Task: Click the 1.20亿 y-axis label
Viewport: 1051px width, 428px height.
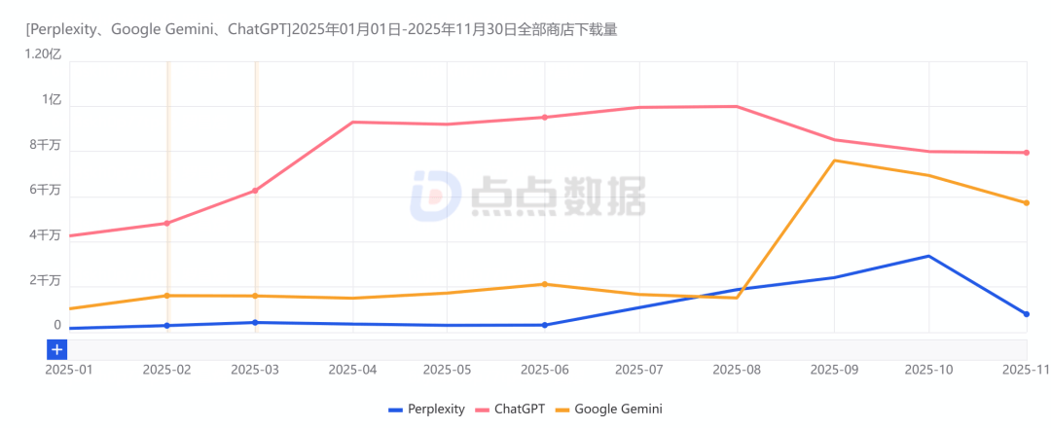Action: coord(43,54)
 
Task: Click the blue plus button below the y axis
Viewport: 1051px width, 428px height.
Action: coord(57,349)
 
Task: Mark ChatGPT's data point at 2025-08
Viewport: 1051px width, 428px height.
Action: coord(737,107)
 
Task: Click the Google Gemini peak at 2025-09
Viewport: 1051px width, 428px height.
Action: coord(834,160)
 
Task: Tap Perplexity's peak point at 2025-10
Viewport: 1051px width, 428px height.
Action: coord(929,257)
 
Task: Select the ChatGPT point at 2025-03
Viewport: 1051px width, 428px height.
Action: coord(255,191)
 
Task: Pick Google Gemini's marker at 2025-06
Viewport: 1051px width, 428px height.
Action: coord(545,284)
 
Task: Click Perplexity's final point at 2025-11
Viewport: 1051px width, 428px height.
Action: coord(1027,314)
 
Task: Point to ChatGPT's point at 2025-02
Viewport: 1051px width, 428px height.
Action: coord(167,224)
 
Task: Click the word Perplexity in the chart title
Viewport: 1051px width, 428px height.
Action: coord(66,30)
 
